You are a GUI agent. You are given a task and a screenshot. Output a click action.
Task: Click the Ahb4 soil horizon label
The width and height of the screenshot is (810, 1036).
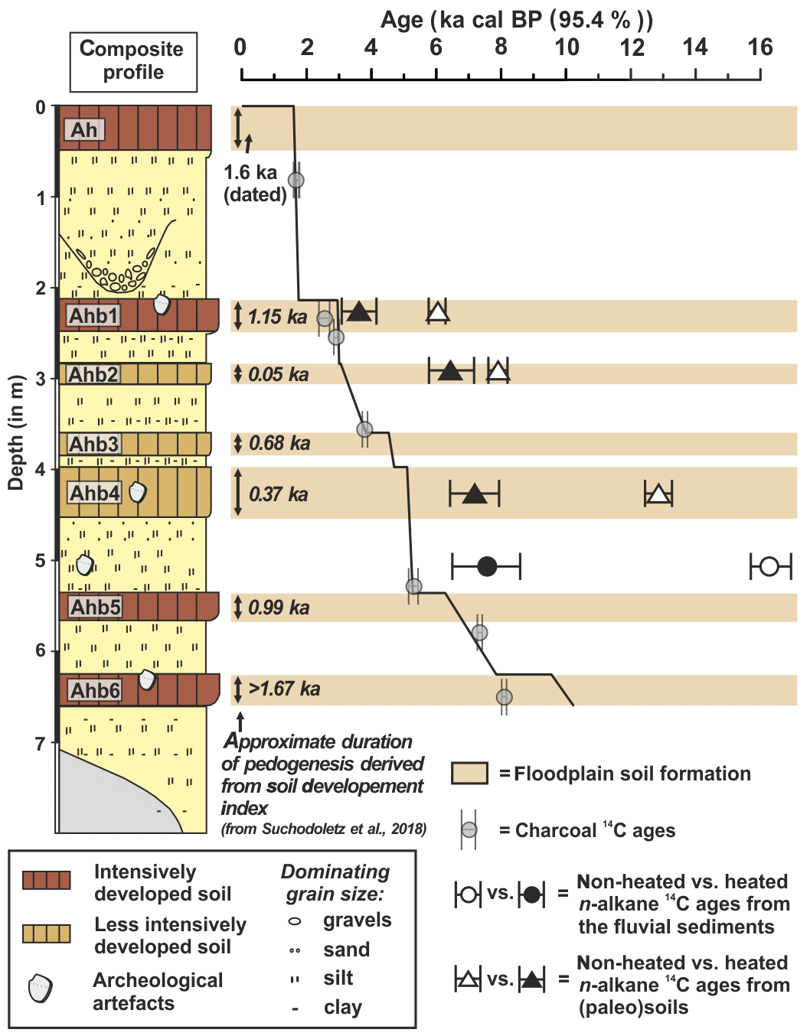[94, 493]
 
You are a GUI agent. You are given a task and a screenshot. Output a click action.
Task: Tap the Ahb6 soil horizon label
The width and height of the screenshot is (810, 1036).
[95, 690]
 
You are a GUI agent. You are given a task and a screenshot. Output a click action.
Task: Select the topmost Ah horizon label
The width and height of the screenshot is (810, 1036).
[83, 130]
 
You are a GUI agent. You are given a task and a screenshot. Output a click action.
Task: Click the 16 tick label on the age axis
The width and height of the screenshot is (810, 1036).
[759, 48]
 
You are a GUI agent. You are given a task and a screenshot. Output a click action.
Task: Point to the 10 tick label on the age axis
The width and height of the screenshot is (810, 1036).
[567, 48]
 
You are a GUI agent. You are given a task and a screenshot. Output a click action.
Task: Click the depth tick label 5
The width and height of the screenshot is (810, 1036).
[41, 561]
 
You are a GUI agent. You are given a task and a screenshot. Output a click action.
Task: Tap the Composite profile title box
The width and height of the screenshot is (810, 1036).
[133, 61]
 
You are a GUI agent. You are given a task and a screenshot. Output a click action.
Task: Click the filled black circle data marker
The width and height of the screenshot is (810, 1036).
[487, 566]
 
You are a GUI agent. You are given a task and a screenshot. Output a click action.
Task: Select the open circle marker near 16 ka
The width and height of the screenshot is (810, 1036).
[769, 566]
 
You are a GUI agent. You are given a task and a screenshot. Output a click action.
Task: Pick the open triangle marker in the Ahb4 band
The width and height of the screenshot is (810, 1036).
[658, 494]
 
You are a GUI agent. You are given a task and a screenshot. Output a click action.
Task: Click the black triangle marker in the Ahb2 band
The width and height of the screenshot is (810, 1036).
[451, 371]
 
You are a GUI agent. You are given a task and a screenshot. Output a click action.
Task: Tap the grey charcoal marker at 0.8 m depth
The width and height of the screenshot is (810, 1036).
[296, 180]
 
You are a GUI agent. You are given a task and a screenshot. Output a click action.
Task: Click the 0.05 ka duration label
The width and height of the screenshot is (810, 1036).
[279, 374]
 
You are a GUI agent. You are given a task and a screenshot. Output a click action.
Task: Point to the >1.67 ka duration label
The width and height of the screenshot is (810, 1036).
[284, 689]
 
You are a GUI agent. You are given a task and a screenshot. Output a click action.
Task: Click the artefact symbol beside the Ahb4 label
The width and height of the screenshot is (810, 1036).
[137, 492]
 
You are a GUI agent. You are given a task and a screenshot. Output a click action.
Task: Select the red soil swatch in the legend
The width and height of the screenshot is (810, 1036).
[47, 881]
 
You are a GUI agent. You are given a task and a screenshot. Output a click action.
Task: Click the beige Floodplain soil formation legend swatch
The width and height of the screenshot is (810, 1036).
[469, 774]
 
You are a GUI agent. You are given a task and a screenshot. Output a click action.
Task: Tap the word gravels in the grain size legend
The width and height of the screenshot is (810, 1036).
[357, 920]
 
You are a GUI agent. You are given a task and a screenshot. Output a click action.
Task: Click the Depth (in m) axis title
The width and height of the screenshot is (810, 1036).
[16, 432]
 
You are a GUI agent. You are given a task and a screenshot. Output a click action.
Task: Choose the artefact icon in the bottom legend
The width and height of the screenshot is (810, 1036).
[41, 989]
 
